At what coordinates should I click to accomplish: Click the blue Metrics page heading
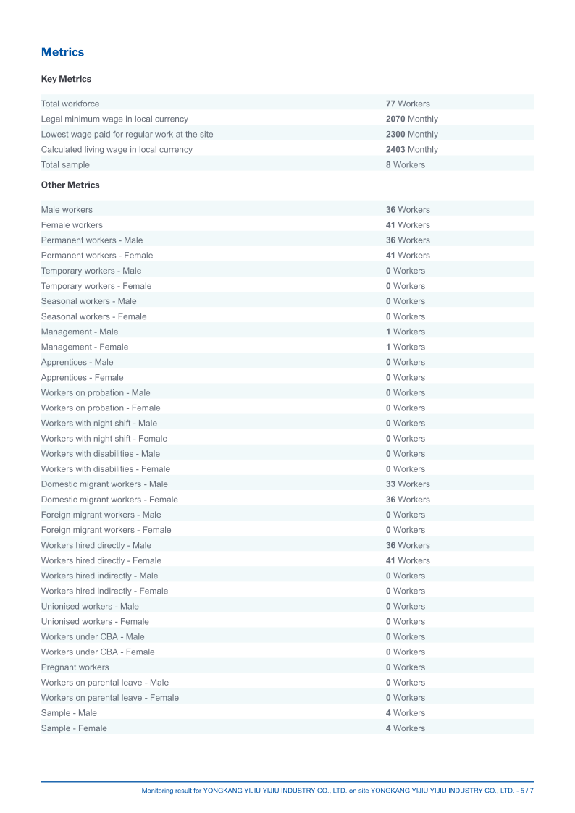coord(62,52)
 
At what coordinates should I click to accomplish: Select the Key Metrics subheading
coord(66,79)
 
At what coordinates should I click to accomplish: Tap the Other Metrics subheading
coord(70,185)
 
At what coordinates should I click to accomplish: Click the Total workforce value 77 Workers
coord(408,104)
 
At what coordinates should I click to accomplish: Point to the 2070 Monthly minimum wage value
coord(411,119)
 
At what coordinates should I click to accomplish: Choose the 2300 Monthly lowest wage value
coord(411,134)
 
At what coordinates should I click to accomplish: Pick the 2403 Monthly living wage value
coord(411,149)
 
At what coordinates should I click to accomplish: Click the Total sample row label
coord(65,164)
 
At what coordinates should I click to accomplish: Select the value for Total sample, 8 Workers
coord(406,164)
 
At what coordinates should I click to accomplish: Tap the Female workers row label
coord(72,224)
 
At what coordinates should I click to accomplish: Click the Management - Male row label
coord(80,332)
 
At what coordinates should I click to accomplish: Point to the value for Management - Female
coord(406,347)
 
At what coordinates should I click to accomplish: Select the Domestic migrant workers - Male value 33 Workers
coord(408,484)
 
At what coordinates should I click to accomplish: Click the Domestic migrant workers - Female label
coord(109,499)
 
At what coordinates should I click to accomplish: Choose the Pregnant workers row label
coord(75,667)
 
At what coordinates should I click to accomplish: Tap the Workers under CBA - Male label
coord(93,636)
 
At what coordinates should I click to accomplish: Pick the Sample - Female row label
coord(74,728)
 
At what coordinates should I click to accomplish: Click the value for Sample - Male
coord(406,712)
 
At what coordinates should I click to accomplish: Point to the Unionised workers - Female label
coord(95,621)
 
